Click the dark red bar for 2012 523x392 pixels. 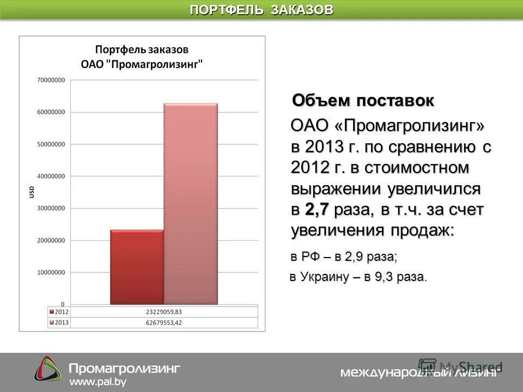tap(137, 267)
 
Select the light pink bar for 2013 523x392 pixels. tap(191, 204)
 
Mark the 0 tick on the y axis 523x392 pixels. tap(63, 304)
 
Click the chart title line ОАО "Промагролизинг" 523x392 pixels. tap(142, 64)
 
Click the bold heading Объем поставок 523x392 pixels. tap(363, 101)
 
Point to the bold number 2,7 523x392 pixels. tap(317, 210)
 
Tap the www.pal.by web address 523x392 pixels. tap(98, 382)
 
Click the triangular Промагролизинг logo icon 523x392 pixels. tap(48, 369)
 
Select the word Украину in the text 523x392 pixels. tap(324, 277)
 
